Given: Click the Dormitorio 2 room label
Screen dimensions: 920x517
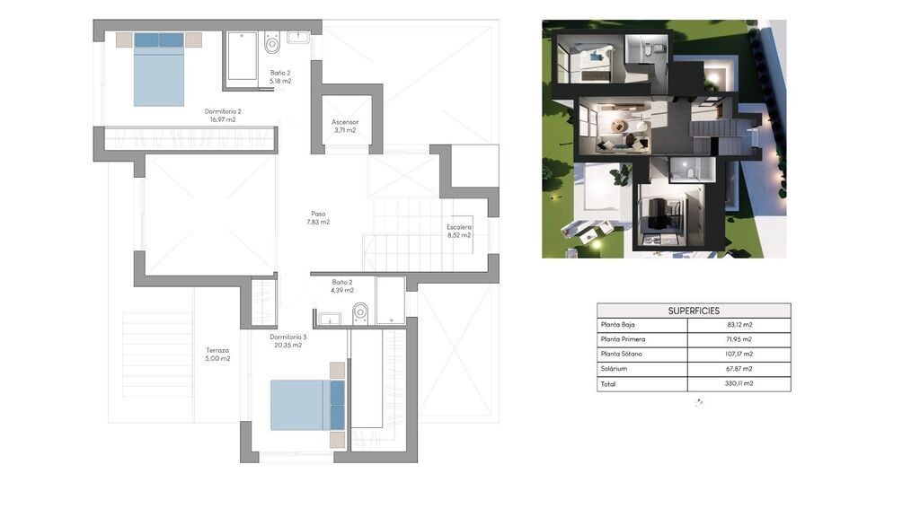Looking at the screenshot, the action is click(223, 115).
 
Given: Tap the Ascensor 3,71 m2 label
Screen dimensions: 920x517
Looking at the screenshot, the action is click(345, 126).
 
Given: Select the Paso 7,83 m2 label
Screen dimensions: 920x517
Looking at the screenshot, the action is click(318, 218).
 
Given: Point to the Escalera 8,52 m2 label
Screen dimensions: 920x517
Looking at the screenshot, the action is click(459, 231).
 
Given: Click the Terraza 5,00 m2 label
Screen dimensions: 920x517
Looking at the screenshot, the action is click(217, 354).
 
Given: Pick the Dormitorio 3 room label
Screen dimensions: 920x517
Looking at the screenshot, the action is click(288, 341).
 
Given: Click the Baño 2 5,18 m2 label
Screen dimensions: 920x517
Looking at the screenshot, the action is click(280, 77).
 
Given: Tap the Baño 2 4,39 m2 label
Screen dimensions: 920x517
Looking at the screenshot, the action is click(342, 286).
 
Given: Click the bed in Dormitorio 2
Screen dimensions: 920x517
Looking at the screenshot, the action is click(159, 70).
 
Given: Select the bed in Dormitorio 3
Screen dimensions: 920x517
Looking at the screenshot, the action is click(307, 405).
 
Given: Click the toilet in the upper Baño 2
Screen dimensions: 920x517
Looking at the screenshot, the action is click(271, 42).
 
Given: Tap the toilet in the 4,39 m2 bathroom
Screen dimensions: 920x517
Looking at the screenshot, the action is click(360, 313).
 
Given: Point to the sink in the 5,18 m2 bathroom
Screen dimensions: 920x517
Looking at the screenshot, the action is click(298, 38).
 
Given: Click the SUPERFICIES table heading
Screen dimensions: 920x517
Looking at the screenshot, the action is click(694, 311).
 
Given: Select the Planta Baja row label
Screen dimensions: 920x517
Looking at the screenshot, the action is click(617, 325).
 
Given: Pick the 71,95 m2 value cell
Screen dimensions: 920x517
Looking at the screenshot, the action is click(739, 339).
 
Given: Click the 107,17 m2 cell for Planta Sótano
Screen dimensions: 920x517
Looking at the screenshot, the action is click(739, 354).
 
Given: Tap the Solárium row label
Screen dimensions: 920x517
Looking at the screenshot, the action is click(614, 369).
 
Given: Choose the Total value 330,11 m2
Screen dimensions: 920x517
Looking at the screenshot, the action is click(739, 383).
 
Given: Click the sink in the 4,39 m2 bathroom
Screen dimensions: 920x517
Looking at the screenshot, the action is click(330, 319).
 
